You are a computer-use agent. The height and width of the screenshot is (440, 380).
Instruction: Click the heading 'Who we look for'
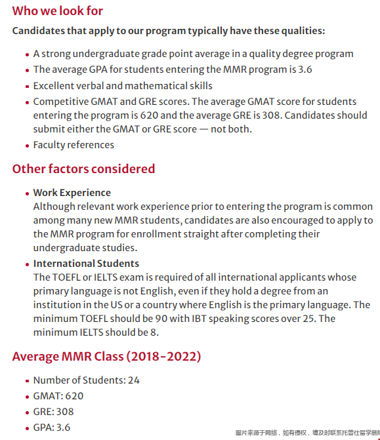point(58,11)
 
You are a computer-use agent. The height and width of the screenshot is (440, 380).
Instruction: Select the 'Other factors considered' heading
point(83,169)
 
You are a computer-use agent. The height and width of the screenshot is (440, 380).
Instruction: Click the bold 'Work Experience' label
point(72,193)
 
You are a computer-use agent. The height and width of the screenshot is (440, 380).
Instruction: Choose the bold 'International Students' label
point(86,264)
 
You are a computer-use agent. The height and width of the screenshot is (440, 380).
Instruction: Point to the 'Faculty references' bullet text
point(74,145)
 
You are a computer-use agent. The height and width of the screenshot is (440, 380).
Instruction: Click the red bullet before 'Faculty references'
point(27,146)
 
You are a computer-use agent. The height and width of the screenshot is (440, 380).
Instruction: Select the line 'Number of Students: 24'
point(86,380)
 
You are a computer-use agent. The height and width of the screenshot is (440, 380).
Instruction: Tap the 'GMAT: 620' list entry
point(58,396)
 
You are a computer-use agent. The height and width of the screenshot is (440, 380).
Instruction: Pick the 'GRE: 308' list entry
point(53,412)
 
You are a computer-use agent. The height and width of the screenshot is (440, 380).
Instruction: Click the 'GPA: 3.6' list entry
point(52,428)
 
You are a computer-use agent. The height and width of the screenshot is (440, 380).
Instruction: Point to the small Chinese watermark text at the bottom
point(306,433)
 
